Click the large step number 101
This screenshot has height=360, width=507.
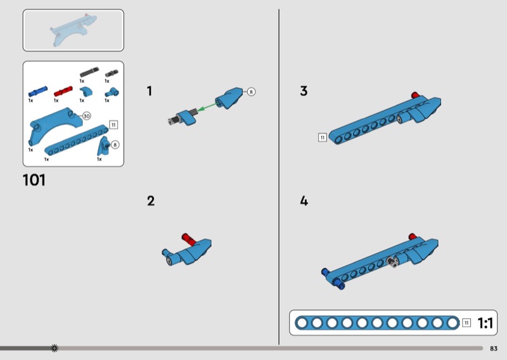(34, 180)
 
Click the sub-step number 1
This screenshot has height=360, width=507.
(149, 91)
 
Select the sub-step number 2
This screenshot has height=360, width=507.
(151, 201)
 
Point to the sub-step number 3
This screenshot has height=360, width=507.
(304, 91)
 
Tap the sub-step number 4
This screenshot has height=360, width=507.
(304, 201)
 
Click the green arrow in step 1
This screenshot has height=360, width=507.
(207, 106)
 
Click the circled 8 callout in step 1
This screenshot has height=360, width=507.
(251, 92)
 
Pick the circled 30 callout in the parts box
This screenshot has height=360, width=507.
(86, 116)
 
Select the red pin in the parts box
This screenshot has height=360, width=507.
(63, 91)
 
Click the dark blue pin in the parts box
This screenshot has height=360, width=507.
(37, 91)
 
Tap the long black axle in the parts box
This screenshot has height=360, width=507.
(89, 72)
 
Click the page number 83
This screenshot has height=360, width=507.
(494, 349)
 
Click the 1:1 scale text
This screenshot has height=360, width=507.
(485, 323)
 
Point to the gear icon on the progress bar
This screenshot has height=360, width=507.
(55, 348)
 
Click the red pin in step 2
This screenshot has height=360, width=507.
(188, 238)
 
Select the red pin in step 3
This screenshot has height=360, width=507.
(415, 95)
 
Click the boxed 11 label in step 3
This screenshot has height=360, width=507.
(323, 138)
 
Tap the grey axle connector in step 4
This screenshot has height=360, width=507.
(392, 261)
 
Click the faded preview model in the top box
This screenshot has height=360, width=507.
(74, 30)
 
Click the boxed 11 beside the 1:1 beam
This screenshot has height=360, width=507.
(466, 323)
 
